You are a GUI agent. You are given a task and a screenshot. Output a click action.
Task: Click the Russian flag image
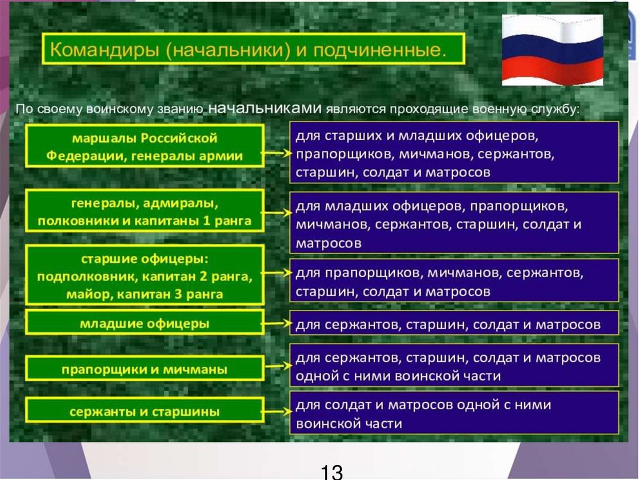[x=552, y=50]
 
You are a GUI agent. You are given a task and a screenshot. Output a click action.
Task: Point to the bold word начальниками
[x=265, y=108]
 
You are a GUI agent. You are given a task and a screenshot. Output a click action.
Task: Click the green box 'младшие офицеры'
[x=144, y=323]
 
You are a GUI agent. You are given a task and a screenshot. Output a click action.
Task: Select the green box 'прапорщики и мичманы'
[x=144, y=369]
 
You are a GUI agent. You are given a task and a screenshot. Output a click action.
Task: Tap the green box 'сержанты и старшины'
[x=144, y=411]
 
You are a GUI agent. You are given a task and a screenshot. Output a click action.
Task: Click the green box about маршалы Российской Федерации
[x=144, y=146]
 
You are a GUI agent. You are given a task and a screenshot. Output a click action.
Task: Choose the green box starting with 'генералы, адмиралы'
[x=144, y=212]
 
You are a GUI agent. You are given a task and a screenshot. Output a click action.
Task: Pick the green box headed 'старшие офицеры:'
[x=144, y=275]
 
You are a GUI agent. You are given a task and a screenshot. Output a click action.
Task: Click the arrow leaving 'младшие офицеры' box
[x=277, y=324]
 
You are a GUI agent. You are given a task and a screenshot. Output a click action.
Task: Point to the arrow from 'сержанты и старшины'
[x=277, y=411]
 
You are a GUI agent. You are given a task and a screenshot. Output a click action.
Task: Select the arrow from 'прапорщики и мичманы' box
[x=277, y=366]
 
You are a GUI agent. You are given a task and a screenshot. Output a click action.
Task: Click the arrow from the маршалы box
[x=277, y=153]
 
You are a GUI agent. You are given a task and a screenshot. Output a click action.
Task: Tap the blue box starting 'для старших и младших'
[x=454, y=152]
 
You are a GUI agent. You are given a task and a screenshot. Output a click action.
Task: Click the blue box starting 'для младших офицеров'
[x=454, y=223]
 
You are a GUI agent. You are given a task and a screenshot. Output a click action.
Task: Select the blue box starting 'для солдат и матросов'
[x=454, y=413]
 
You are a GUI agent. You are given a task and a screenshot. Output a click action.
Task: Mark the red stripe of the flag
[x=552, y=69]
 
